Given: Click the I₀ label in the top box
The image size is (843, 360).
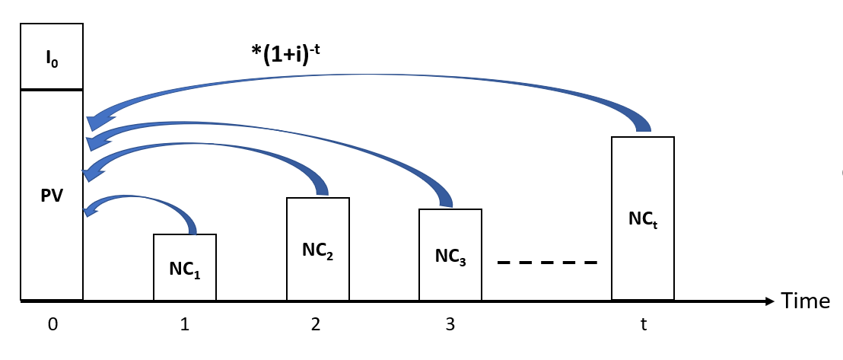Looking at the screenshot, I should pos(52,58).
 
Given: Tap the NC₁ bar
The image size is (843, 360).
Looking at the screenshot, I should pos(185,267).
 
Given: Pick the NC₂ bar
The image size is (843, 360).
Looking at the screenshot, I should pos(317,249).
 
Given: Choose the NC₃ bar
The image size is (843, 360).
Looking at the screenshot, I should pos(450,254).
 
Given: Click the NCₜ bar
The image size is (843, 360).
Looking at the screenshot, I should pos(643,218).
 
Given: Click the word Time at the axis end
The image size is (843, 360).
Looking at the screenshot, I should pos(806,301).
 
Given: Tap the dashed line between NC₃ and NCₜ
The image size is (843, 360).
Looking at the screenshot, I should pos(548,263).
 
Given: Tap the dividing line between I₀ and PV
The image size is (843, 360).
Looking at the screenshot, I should pos(52,90).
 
